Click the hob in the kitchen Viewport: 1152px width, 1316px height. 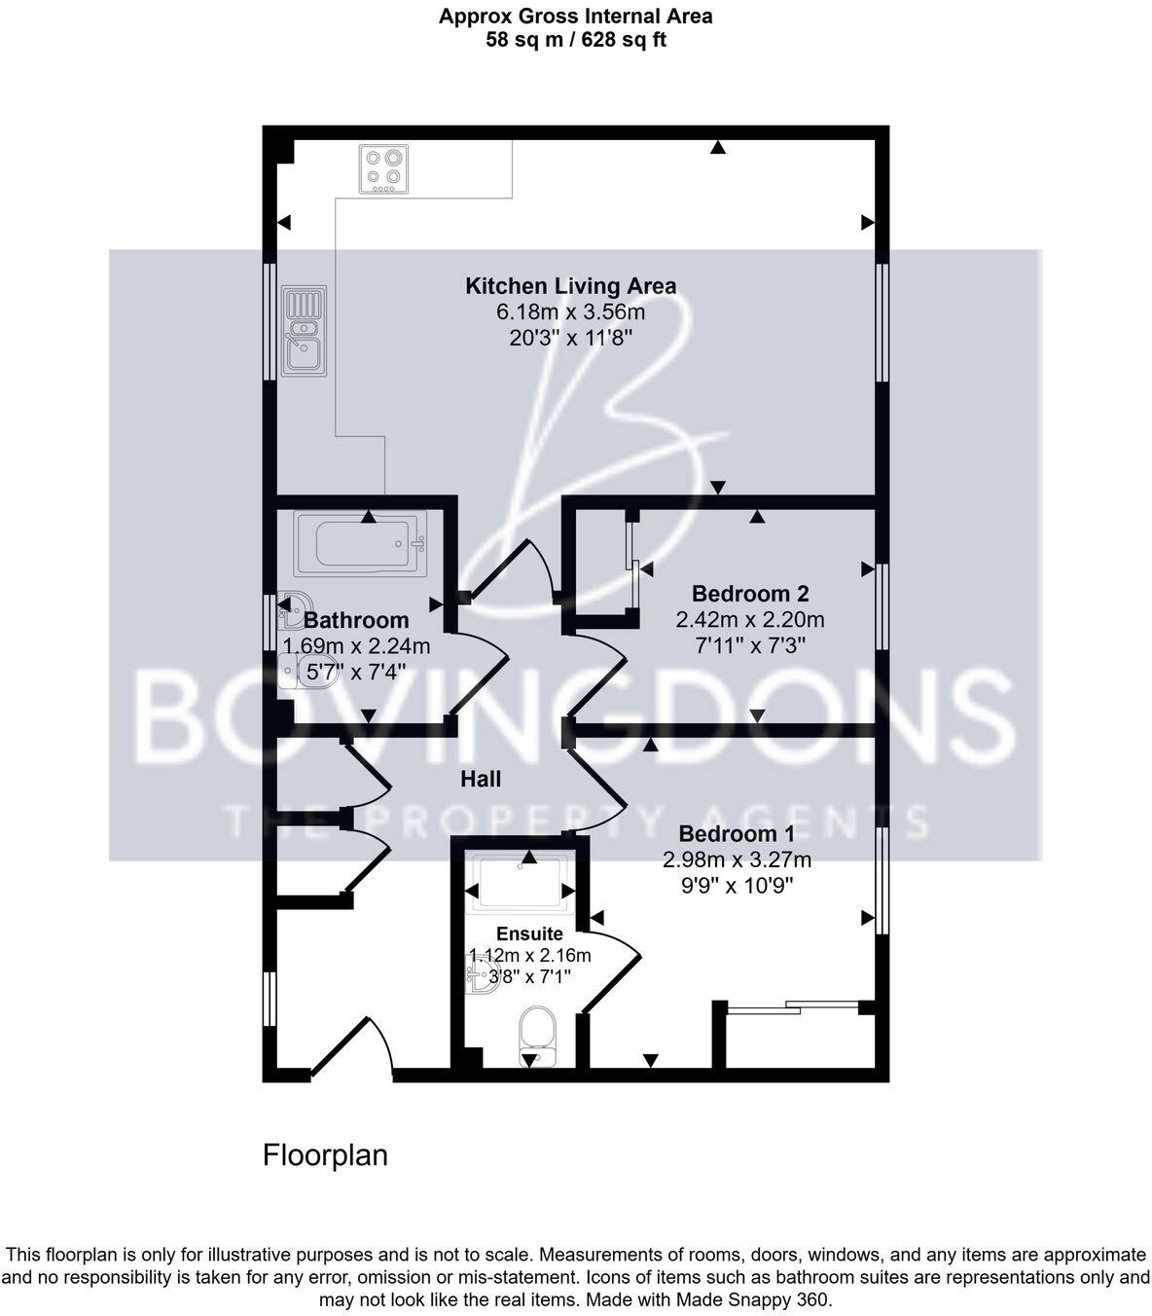pos(382,168)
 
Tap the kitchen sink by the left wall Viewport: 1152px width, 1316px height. pos(304,330)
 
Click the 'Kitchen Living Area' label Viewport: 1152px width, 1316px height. pos(570,286)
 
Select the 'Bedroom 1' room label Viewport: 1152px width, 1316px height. pos(737,834)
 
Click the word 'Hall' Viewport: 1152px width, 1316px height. pos(481,779)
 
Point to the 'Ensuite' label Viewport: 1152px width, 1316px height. pos(529,933)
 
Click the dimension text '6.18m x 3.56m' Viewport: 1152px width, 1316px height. pos(570,312)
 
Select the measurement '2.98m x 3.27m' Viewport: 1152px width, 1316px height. pos(737,860)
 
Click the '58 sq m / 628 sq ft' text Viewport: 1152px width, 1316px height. pos(576,40)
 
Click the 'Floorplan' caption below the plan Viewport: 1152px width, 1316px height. pos(325,1155)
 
